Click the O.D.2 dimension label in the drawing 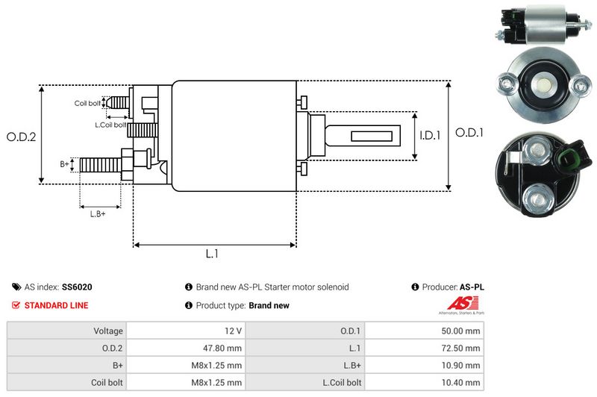(22, 137)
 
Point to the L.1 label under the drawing (212, 254)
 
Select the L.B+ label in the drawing (98, 215)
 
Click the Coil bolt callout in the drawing (87, 103)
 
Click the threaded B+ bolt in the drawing (100, 163)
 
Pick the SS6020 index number (78, 287)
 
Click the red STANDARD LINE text (56, 305)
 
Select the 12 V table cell (231, 331)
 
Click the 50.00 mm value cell (462, 331)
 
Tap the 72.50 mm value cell (462, 348)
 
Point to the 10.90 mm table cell (462, 366)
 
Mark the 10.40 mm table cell (462, 383)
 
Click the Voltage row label (108, 331)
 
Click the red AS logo (457, 303)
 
